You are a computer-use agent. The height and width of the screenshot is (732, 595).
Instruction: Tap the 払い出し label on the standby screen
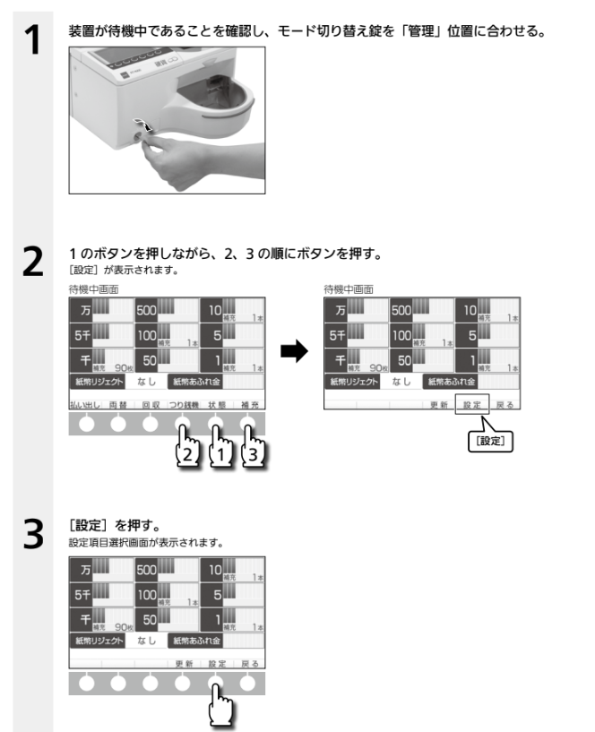click(x=85, y=404)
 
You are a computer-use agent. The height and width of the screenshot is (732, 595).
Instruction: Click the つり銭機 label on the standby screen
click(x=184, y=404)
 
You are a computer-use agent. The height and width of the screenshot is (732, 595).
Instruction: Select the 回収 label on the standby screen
click(x=151, y=404)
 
